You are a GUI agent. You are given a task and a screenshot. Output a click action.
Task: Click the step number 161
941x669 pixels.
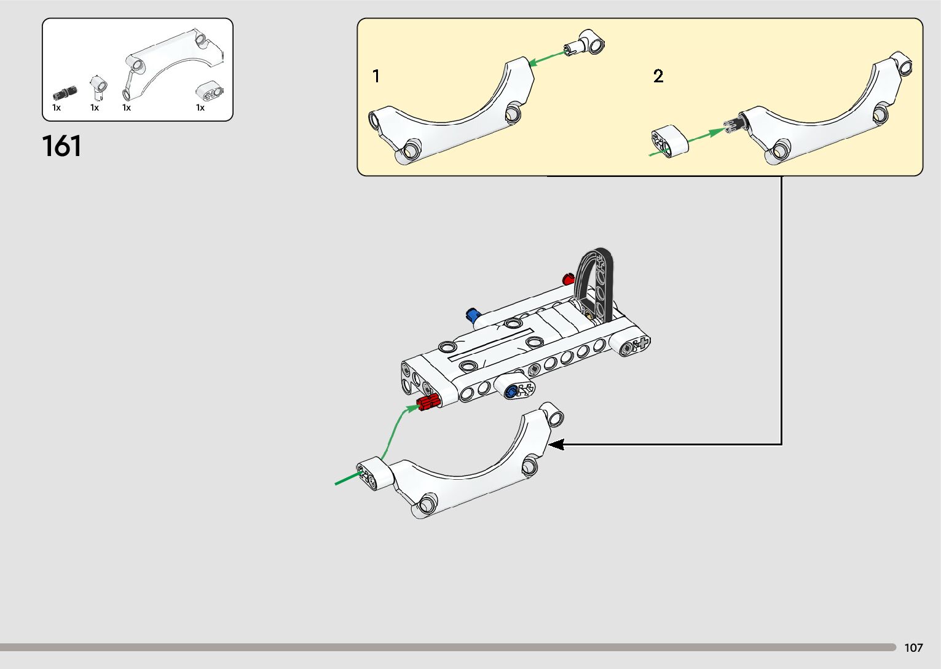tap(61, 146)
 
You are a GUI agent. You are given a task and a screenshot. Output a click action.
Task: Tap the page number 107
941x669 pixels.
tap(913, 647)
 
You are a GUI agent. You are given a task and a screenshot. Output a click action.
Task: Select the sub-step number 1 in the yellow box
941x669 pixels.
tap(376, 76)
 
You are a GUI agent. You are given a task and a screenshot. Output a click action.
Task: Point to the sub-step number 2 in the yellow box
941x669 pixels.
tap(658, 76)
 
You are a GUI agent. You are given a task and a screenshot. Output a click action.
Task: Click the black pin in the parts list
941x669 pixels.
tap(65, 93)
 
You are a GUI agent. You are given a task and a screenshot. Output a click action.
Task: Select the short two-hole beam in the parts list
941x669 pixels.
tap(210, 92)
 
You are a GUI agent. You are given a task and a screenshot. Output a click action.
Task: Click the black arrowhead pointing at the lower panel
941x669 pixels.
tap(555, 444)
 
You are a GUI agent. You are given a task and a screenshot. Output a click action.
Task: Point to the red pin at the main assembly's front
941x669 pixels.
tap(428, 403)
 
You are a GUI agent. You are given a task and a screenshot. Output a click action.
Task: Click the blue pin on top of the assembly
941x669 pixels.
tap(473, 315)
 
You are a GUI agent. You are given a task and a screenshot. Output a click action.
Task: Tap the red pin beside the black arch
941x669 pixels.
tap(568, 279)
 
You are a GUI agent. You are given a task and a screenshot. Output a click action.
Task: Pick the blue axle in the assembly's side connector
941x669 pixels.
tap(510, 392)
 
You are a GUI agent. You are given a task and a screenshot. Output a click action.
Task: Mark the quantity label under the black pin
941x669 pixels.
tap(57, 108)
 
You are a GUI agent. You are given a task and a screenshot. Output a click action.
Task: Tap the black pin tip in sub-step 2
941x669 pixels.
tap(732, 125)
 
